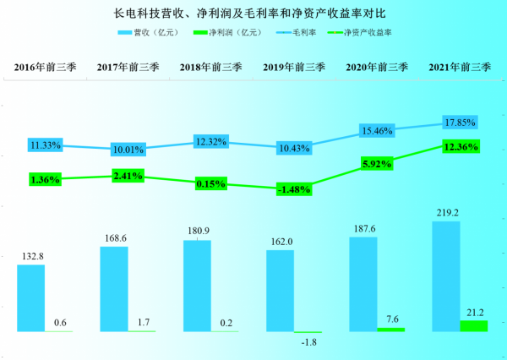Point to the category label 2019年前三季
(x=293, y=66)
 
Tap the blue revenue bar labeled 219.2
(x=446, y=275)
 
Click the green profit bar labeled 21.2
(x=474, y=325)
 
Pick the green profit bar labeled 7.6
(x=391, y=329)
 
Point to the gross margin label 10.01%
(x=128, y=150)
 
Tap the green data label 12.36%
(x=460, y=147)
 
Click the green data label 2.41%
(x=128, y=176)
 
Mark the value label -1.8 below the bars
(x=309, y=342)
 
